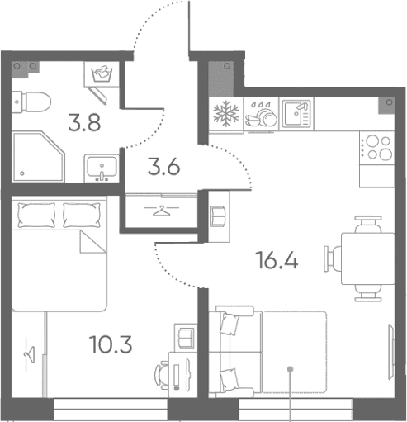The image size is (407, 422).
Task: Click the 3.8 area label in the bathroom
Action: [x=84, y=122]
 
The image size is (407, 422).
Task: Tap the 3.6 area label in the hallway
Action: [x=163, y=167]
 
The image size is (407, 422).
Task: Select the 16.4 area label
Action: [x=277, y=260]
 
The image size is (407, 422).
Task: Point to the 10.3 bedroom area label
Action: [x=111, y=344]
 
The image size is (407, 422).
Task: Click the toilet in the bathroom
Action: [x=32, y=102]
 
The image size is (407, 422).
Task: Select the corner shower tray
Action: [x=39, y=157]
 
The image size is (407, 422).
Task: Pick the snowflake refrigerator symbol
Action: [x=226, y=113]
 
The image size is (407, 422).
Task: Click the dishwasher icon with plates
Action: [x=261, y=113]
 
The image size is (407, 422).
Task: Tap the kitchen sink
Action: [x=296, y=113]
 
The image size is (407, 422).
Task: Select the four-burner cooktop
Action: [x=376, y=148]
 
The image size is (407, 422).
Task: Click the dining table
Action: [x=368, y=258]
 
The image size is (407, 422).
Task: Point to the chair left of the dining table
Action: [x=333, y=258]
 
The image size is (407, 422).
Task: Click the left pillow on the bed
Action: [x=36, y=215]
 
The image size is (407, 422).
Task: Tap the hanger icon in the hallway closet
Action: [x=161, y=211]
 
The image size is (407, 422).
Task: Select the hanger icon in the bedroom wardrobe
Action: [x=30, y=354]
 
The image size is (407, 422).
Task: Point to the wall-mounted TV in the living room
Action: [x=390, y=353]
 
